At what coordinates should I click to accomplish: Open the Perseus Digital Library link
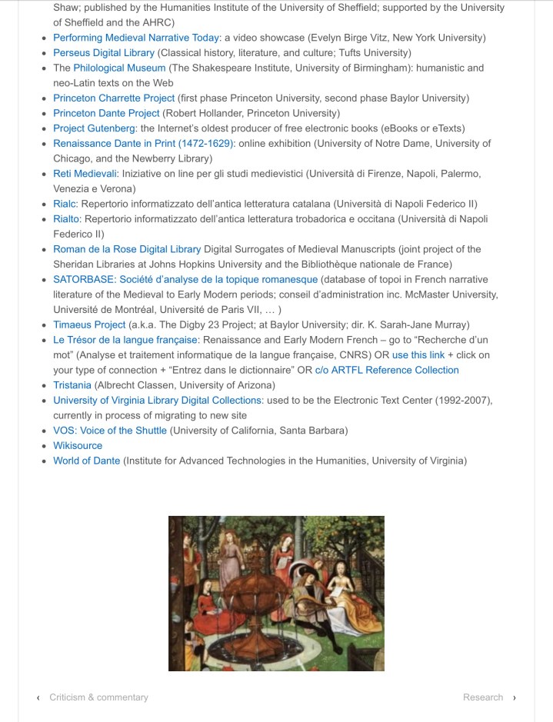pyautogui.click(x=104, y=53)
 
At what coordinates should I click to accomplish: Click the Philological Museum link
pyautogui.click(x=119, y=68)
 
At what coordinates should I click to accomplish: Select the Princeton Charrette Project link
pyautogui.click(x=114, y=98)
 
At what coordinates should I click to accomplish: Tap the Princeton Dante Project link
pyautogui.click(x=106, y=113)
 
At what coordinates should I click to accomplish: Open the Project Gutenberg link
pyautogui.click(x=94, y=128)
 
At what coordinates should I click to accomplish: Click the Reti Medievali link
pyautogui.click(x=85, y=174)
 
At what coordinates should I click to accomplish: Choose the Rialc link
pyautogui.click(x=65, y=204)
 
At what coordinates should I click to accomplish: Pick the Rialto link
pyautogui.click(x=66, y=219)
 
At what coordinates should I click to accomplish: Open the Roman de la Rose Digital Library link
pyautogui.click(x=127, y=249)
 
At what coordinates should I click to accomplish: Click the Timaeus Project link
pyautogui.click(x=89, y=324)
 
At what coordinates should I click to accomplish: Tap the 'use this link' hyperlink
pyautogui.click(x=418, y=355)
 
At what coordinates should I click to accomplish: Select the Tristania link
pyautogui.click(x=72, y=385)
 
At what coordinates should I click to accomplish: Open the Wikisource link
pyautogui.click(x=77, y=445)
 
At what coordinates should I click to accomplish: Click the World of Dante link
pyautogui.click(x=86, y=461)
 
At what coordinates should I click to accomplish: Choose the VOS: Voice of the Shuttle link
pyautogui.click(x=109, y=431)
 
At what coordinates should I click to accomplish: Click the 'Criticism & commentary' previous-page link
pyautogui.click(x=98, y=697)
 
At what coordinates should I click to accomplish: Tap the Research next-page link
pyautogui.click(x=483, y=697)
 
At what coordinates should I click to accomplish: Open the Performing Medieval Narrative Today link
pyautogui.click(x=136, y=38)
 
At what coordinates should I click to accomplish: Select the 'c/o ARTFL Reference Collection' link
pyautogui.click(x=387, y=370)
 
